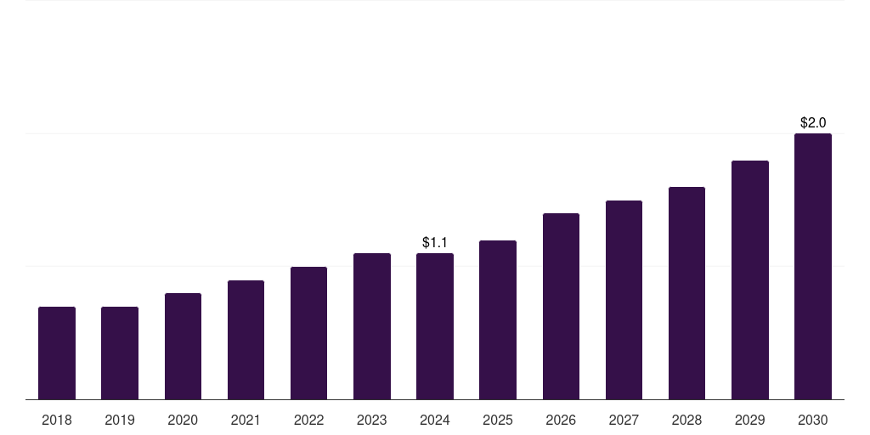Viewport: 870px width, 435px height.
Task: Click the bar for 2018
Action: [57, 353]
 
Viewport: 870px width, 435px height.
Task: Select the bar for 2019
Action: [120, 353]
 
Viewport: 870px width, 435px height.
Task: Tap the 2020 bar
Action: [183, 346]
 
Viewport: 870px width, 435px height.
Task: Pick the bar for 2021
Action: [246, 340]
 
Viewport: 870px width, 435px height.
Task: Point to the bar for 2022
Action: [308, 333]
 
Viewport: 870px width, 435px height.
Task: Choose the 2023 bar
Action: [372, 326]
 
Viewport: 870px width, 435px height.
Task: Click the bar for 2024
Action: [435, 326]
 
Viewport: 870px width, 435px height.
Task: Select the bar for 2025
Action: [498, 319]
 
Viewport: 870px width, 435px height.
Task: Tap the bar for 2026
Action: [561, 306]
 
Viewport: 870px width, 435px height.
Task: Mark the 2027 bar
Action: [624, 300]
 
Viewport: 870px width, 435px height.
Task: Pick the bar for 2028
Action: [686, 293]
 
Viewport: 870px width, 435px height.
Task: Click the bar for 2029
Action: [750, 280]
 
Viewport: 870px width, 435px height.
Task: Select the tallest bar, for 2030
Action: [813, 266]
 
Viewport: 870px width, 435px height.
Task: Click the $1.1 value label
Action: [435, 243]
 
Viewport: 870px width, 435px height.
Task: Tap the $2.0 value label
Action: [813, 123]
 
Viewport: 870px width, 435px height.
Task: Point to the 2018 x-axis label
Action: [57, 420]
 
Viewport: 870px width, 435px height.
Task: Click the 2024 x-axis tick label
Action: [435, 420]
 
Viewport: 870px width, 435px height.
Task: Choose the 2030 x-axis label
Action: [813, 420]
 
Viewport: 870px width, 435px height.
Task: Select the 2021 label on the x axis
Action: [246, 420]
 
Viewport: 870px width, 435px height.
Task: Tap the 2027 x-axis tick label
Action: [624, 420]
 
